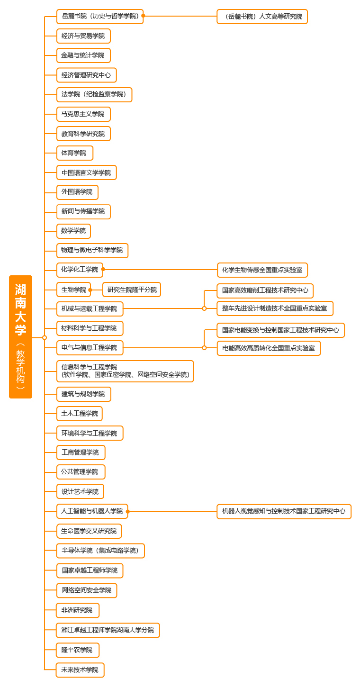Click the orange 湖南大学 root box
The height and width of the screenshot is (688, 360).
20,336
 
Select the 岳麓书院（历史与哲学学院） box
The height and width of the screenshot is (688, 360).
99,17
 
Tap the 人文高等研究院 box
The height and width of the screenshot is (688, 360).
262,17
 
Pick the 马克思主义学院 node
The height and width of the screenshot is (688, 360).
83,114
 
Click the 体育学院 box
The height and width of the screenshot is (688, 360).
75,153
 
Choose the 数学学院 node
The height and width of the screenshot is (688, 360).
73,231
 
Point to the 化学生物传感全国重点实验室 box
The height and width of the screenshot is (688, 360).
262,270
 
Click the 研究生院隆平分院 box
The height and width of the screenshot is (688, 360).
132,290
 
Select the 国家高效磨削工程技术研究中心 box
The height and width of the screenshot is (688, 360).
265,290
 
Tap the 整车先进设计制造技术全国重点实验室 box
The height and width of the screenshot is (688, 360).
275,308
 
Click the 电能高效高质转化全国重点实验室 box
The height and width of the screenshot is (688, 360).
269,348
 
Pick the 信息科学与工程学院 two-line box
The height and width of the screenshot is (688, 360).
125,371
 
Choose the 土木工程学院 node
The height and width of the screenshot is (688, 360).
79,414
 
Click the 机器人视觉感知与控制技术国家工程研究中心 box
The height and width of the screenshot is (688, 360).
284,511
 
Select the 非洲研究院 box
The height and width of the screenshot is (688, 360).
78,610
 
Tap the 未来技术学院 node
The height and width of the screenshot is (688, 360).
80,670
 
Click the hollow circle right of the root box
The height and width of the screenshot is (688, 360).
45,338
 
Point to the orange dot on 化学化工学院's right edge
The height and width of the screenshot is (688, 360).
103,269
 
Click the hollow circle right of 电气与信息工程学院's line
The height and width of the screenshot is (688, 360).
204,348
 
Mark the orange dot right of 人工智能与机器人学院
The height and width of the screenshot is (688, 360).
128,511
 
